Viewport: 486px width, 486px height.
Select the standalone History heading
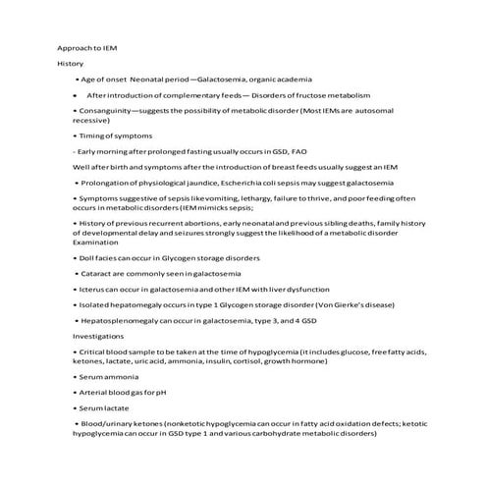click(x=71, y=63)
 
